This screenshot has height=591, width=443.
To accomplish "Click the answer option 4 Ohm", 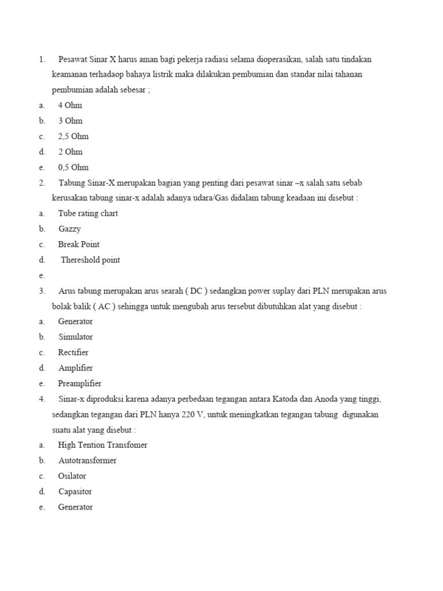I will (x=70, y=106).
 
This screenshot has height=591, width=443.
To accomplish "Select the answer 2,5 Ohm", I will (x=73, y=137).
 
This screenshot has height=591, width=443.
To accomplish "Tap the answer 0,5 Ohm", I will (x=73, y=167).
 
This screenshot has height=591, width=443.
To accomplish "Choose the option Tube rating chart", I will (x=88, y=214).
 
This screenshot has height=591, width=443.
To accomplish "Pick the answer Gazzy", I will (x=69, y=229).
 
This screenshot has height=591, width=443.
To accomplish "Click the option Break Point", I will (x=78, y=245).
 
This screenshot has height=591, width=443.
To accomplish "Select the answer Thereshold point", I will (x=91, y=260).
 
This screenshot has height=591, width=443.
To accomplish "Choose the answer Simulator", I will (x=76, y=337).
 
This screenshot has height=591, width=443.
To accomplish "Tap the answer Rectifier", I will (x=73, y=353).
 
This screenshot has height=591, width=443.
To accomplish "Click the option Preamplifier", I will (x=80, y=384).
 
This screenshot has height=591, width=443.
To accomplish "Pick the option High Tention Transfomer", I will (x=103, y=445).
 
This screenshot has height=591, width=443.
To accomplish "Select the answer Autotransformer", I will (x=87, y=461).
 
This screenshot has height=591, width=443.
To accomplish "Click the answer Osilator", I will (x=72, y=476).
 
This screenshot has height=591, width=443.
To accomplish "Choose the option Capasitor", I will (x=75, y=492).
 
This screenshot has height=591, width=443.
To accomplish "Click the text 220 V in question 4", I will (x=188, y=415).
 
